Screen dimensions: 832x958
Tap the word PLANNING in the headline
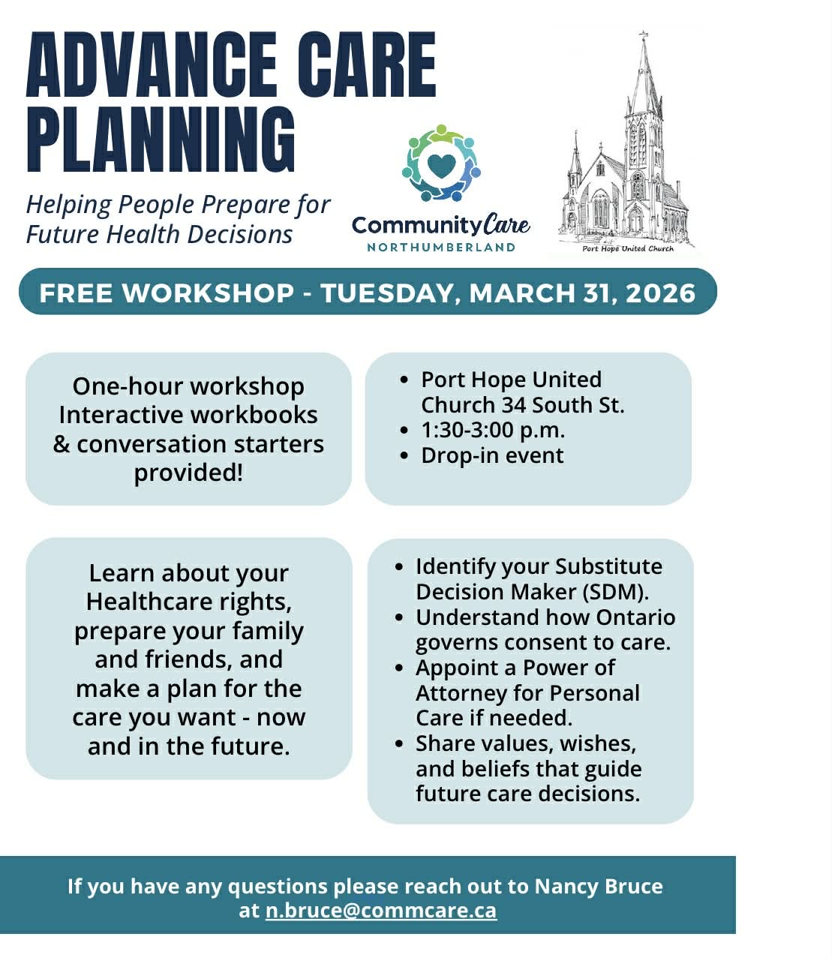[x=161, y=140]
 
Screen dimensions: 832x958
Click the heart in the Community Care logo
[x=441, y=166]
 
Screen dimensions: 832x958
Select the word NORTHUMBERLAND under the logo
[x=440, y=248]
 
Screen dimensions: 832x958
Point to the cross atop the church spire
[x=644, y=35]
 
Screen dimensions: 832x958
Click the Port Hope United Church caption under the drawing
[x=627, y=248]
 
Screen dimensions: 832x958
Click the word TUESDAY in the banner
[x=386, y=294]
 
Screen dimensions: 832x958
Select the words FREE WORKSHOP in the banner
[x=167, y=293]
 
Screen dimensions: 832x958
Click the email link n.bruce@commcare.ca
[x=380, y=910]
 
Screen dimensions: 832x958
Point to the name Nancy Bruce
[x=598, y=886]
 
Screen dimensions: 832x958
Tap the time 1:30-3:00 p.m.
[x=493, y=431]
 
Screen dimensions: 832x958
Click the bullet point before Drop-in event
[x=404, y=455]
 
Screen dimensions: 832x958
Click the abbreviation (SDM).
[x=616, y=592]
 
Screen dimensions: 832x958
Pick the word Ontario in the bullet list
[x=635, y=617]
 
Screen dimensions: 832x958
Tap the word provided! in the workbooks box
[x=188, y=473]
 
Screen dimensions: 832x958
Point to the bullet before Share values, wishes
[x=399, y=743]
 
